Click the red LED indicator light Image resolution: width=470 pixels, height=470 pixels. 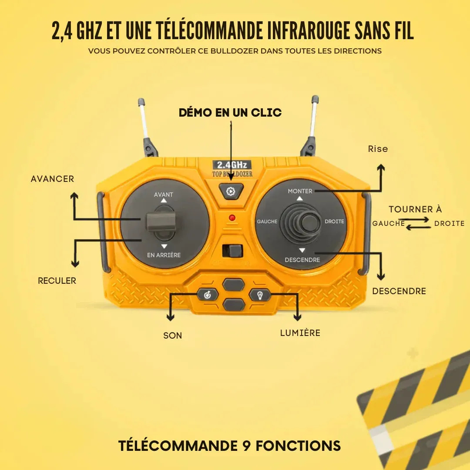[x=232, y=217]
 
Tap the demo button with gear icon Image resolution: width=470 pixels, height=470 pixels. [x=231, y=191]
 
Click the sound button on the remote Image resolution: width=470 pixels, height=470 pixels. [x=208, y=295]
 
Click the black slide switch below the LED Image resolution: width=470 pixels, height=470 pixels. [x=233, y=251]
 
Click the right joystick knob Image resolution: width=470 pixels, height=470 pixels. [x=310, y=223]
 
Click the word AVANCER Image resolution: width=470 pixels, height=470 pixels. [x=52, y=179]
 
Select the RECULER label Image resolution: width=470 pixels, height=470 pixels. [x=57, y=281]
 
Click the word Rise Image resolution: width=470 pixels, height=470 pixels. [x=378, y=149]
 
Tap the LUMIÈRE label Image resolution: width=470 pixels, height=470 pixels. [x=300, y=333]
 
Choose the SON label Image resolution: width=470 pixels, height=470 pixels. [x=173, y=336]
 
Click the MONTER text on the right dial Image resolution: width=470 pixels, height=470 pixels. [x=300, y=191]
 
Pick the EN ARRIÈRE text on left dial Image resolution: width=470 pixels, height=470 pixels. [x=164, y=255]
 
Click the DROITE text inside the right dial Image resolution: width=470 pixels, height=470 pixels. [x=334, y=222]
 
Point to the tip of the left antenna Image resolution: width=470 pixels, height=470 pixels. [x=141, y=102]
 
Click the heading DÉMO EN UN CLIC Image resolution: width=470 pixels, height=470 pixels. [x=230, y=113]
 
